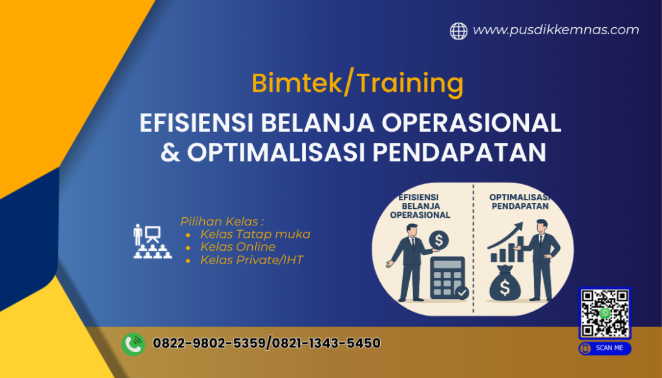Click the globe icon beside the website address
(458, 31)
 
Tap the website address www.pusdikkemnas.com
(556, 30)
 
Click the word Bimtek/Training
(358, 83)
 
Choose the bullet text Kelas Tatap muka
(255, 234)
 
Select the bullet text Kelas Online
(238, 247)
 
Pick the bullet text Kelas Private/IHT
(251, 260)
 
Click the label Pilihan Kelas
(222, 221)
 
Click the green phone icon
(133, 344)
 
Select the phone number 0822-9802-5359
(209, 343)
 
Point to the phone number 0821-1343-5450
(325, 343)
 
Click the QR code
(604, 313)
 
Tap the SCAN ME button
(604, 348)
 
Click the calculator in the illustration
(447, 277)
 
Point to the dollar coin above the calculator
(438, 241)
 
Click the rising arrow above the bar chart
(507, 236)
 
